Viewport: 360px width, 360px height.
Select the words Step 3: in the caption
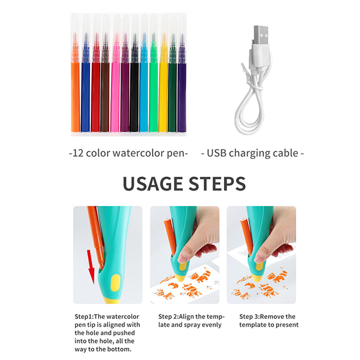pos(251,316)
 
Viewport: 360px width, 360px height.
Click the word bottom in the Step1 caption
pos(120,349)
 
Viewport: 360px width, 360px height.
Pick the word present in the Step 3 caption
pos(286,325)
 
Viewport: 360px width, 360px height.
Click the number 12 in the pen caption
pos(77,152)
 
